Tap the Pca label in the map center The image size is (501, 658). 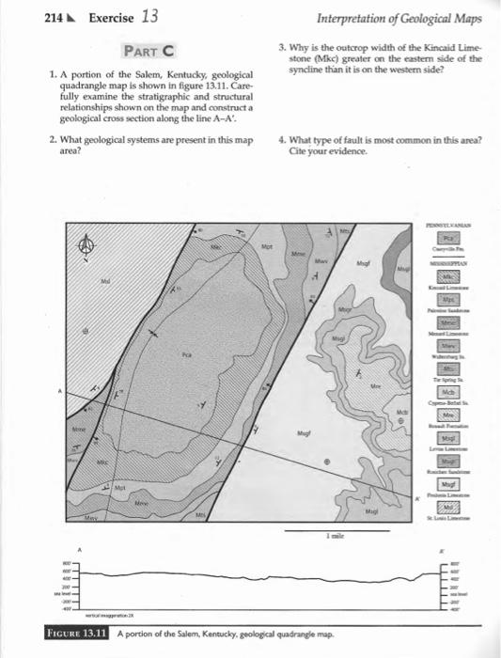[x=189, y=354]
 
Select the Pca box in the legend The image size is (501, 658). [x=467, y=239]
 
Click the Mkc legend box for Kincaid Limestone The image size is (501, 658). [x=467, y=274]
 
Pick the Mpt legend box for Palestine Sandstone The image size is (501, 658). [x=467, y=297]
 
